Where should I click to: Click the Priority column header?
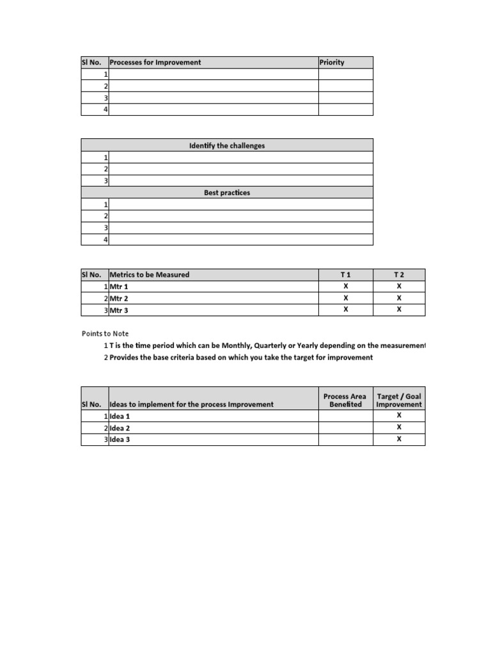coord(332,62)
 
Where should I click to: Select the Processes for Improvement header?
coord(155,62)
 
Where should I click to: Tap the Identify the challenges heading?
coord(227,145)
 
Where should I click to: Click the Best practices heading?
coord(227,193)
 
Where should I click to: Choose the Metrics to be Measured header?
coord(150,274)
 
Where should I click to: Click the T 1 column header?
coord(346,274)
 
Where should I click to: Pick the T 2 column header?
coord(399,274)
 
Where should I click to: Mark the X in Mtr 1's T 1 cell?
coord(346,287)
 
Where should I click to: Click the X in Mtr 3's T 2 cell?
coord(399,310)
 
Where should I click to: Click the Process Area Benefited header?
coord(345,400)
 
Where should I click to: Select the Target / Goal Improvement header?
coord(399,400)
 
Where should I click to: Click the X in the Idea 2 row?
coord(399,427)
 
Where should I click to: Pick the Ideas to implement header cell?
coord(192,404)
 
